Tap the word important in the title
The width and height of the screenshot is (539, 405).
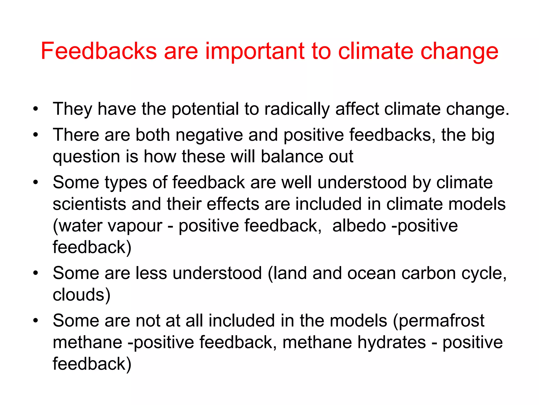(x=254, y=51)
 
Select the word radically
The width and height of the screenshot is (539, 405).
(x=297, y=109)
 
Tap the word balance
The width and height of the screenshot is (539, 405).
(x=292, y=156)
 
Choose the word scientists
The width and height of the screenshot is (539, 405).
(x=89, y=204)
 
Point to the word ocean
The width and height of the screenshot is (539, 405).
(x=371, y=273)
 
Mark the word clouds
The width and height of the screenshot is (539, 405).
(x=82, y=295)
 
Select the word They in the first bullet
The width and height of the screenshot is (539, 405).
(x=72, y=109)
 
